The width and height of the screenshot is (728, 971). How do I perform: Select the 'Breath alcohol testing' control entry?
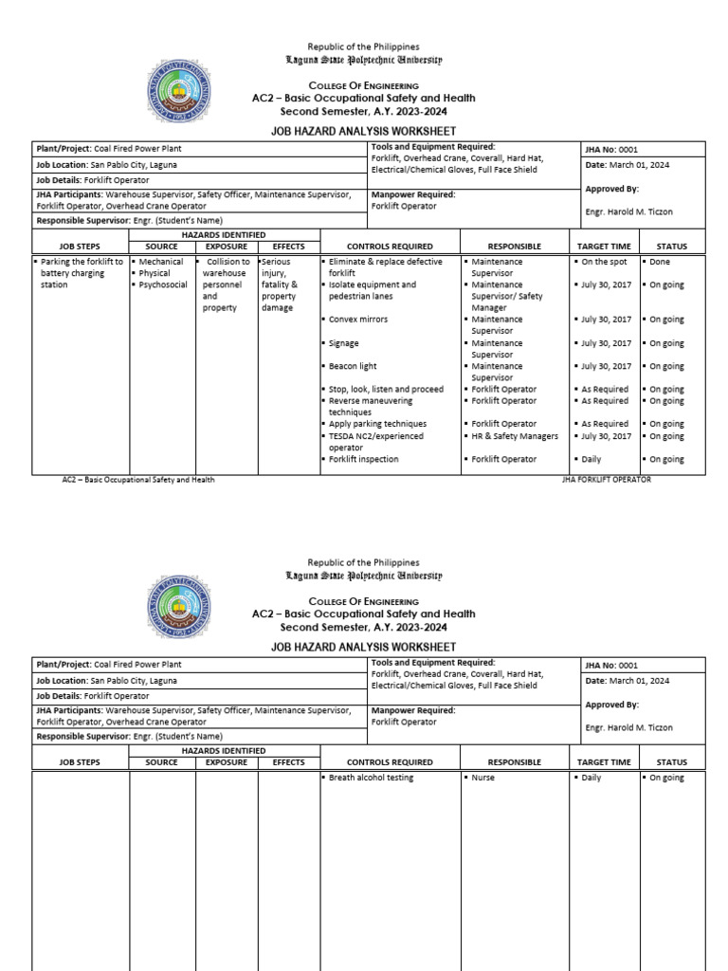tap(371, 778)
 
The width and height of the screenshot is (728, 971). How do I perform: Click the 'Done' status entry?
tap(660, 262)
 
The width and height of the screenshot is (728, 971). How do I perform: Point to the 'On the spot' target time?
tap(605, 262)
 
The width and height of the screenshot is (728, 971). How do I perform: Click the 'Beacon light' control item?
tap(353, 366)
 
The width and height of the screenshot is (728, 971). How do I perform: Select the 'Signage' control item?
tap(344, 343)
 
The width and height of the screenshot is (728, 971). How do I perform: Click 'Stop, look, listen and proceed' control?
tap(386, 389)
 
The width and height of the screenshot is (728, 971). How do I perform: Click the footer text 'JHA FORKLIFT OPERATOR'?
tap(606, 480)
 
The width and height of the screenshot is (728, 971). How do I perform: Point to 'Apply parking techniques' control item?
tap(377, 424)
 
